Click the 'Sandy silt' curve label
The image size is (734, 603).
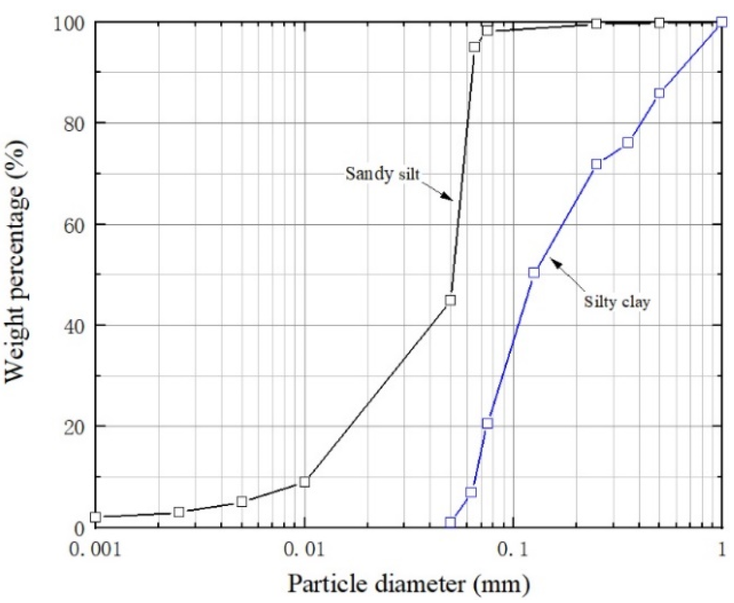(x=382, y=174)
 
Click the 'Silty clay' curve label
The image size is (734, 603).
(x=616, y=302)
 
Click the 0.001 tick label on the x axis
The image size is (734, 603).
(x=95, y=549)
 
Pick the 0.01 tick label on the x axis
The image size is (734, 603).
(x=304, y=549)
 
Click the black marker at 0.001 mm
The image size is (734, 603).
(x=96, y=517)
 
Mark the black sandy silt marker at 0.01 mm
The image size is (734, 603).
(x=304, y=482)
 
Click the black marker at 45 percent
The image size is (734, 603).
(x=450, y=300)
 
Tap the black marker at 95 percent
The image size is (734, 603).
(x=474, y=47)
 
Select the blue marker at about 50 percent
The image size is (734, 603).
(x=534, y=272)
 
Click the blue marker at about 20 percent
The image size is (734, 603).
(x=487, y=423)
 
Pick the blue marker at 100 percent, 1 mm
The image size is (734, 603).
(x=722, y=22)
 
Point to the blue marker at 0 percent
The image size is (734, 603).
(x=450, y=523)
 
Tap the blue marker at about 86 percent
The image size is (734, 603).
(x=659, y=93)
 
